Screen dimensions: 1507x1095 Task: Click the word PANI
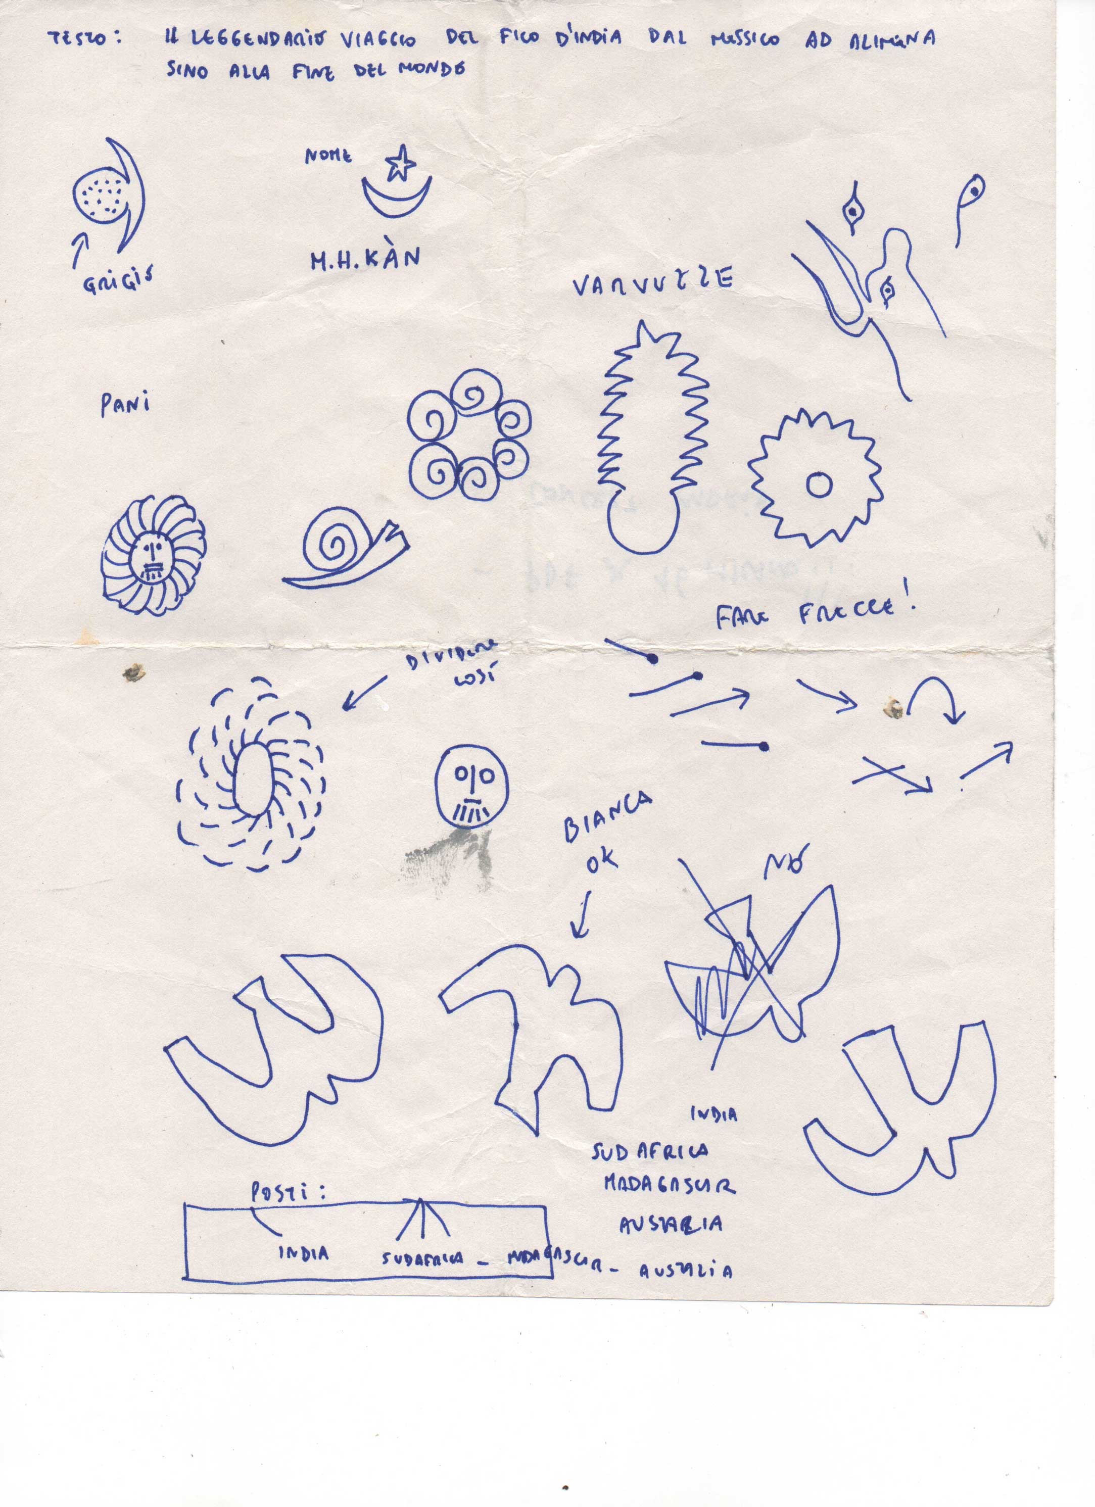[125, 404]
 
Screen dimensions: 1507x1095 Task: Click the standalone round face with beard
[472, 786]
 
